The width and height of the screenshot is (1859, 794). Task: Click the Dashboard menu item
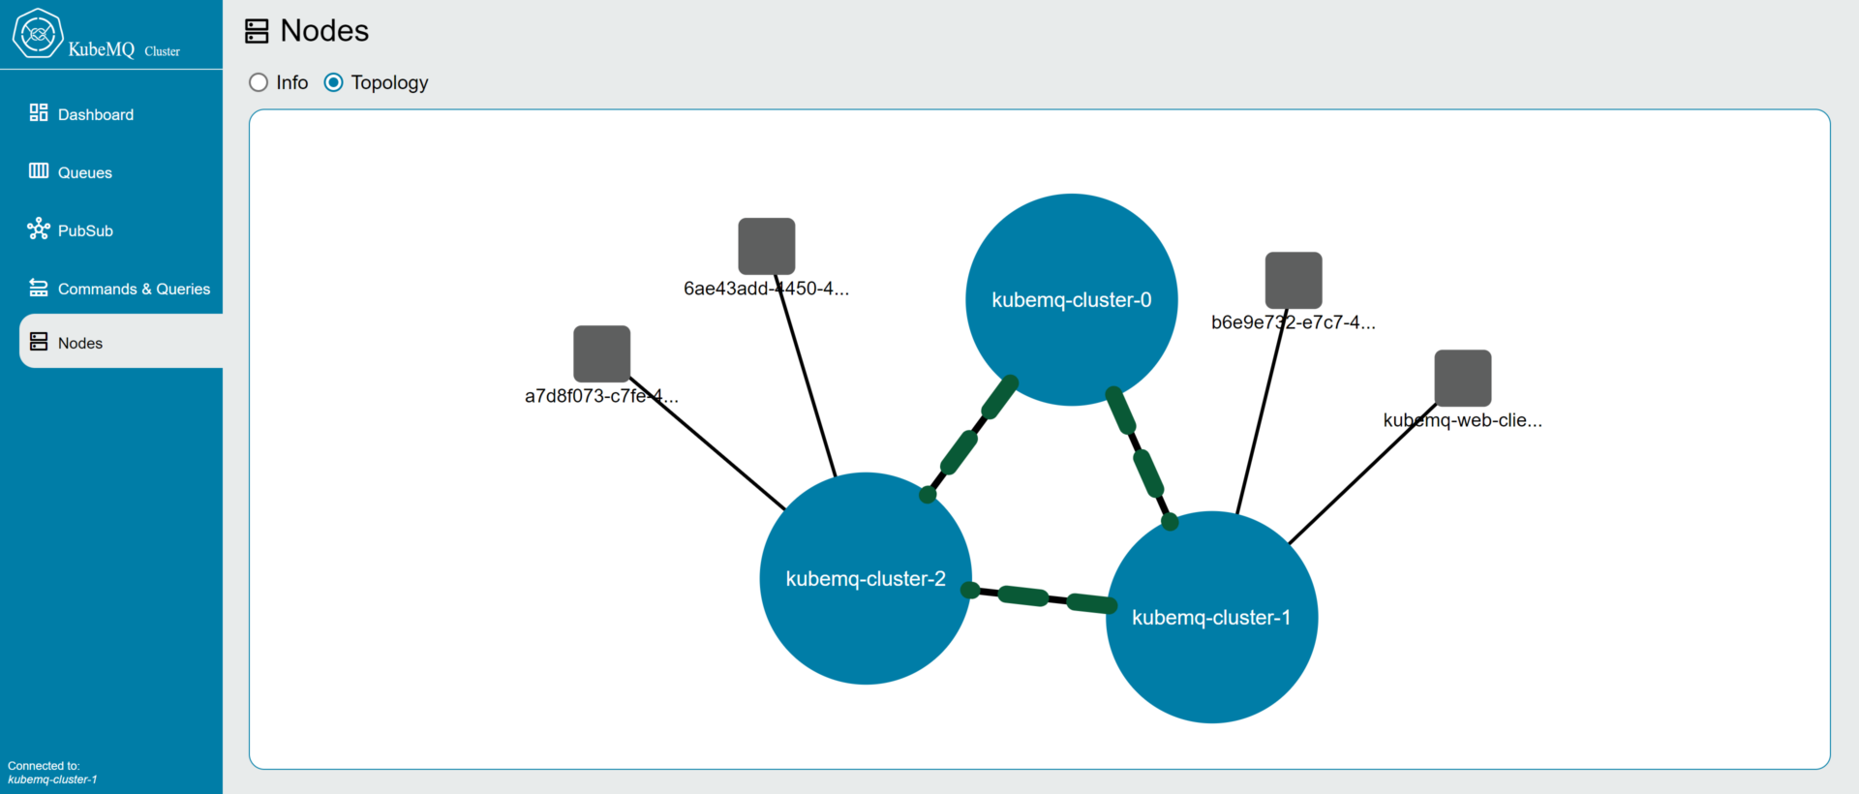click(x=81, y=114)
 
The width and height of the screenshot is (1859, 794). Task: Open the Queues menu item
click(x=71, y=172)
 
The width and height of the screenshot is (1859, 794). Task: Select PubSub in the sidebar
click(x=71, y=230)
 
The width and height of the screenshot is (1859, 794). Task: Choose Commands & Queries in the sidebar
click(x=119, y=289)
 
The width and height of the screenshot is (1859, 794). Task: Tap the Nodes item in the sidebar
click(x=66, y=343)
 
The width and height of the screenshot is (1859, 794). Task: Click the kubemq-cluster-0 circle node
click(x=1072, y=299)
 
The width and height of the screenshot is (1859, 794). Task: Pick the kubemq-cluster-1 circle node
click(x=1211, y=617)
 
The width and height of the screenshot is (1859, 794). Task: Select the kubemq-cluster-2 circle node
click(x=866, y=578)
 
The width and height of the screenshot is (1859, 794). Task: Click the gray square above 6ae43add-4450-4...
click(x=767, y=246)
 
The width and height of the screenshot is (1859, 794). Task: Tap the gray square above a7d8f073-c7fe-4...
click(x=602, y=353)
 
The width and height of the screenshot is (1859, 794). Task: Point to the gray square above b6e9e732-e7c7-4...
click(x=1294, y=281)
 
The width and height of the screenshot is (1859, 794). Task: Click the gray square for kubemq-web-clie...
click(x=1463, y=378)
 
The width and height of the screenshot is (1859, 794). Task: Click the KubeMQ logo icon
click(x=38, y=34)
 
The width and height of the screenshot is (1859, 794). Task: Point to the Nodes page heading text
click(x=324, y=31)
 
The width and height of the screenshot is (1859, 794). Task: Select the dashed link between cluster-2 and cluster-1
click(x=1039, y=597)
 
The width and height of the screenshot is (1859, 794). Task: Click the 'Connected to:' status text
click(x=44, y=766)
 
